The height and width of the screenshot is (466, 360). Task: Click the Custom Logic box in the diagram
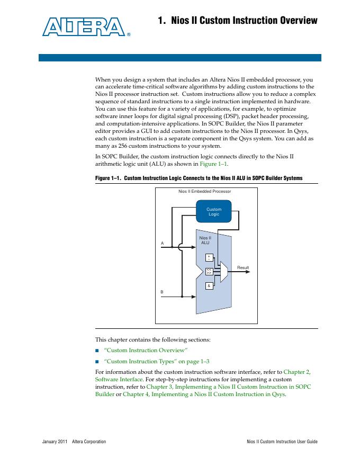point(214,211)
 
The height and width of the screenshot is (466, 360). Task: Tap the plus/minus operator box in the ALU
point(209,257)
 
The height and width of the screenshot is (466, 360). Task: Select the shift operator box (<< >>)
point(209,272)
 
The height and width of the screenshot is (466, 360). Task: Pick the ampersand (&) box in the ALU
point(209,286)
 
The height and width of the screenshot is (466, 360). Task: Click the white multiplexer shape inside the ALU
point(223,272)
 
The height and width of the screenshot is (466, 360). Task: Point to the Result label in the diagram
point(242,268)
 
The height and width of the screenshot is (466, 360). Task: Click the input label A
point(163,243)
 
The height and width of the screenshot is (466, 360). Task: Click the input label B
point(163,292)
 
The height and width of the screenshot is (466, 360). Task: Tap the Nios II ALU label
point(205,240)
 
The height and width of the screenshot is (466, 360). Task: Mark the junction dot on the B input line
point(182,297)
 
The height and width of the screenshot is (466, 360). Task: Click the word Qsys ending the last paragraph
point(277,394)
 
